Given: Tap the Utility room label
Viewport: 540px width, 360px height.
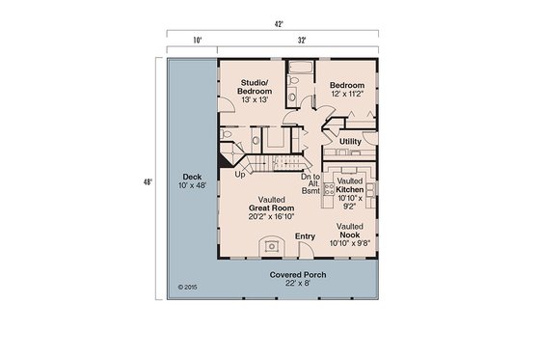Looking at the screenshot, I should point(350,142).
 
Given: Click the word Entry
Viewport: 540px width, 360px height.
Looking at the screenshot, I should point(305,236).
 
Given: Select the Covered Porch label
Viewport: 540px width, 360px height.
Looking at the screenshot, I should point(297,280).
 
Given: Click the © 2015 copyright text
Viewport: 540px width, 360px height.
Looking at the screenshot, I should point(187,287).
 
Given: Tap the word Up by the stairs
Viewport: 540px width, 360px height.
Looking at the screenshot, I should point(240,176).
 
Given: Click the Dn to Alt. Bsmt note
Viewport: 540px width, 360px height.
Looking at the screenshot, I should point(310,184).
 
